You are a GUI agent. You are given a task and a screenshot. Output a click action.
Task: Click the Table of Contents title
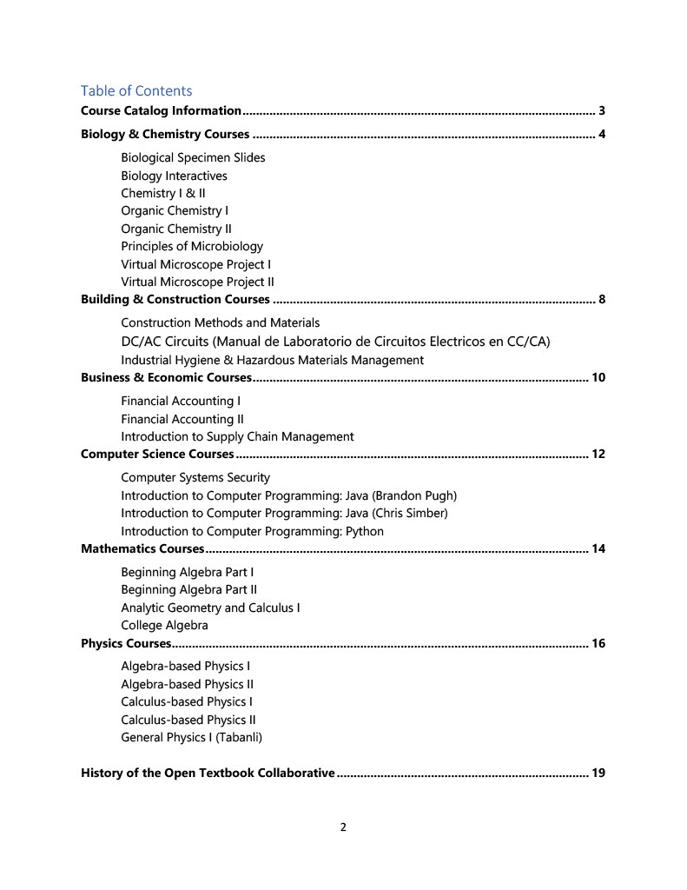[136, 90]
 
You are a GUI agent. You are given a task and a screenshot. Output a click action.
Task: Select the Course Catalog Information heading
[161, 110]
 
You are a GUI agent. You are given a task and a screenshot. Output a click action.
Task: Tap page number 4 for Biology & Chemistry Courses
[601, 135]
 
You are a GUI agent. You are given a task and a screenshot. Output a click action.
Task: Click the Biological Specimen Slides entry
[193, 157]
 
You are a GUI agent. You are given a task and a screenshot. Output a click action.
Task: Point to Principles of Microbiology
[192, 246]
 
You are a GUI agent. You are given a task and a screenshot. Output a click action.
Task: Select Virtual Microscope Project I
[196, 264]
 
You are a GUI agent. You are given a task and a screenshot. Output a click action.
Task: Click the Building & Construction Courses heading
[175, 300]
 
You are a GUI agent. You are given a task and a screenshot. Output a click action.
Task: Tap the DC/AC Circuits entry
[335, 341]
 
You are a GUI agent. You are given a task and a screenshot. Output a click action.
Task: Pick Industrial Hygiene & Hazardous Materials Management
[272, 360]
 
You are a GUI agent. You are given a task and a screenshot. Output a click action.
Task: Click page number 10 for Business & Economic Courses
[598, 377]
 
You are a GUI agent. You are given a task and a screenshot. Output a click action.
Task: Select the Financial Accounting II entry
[182, 419]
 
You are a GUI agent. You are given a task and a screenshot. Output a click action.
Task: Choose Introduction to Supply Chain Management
[237, 436]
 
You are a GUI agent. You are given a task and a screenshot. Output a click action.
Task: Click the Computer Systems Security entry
[195, 477]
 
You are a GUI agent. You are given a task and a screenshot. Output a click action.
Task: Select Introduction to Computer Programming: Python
[252, 531]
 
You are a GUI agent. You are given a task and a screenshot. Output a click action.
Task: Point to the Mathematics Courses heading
[142, 548]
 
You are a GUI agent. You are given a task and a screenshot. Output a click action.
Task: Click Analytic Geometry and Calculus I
[211, 608]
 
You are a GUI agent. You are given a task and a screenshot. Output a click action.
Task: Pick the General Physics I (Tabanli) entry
[191, 737]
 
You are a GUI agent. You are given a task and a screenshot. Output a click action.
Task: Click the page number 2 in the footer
[343, 827]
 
